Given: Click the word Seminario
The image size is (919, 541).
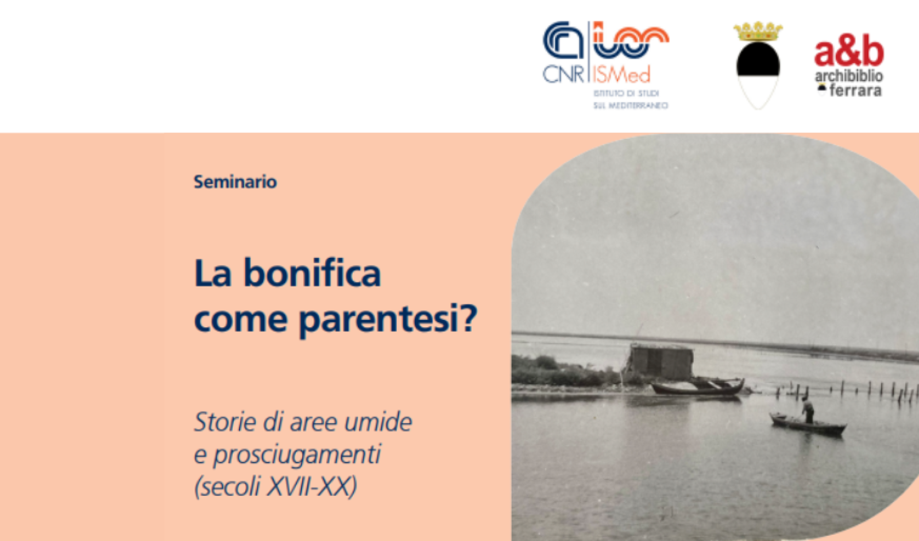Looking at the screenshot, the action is (235, 181).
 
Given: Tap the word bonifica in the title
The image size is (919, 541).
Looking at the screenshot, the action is (312, 273).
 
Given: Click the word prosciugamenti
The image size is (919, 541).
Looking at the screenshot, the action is (297, 454).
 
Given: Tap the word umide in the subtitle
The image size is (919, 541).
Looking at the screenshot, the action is (378, 422).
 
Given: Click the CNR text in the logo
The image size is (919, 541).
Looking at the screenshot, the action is (563, 75).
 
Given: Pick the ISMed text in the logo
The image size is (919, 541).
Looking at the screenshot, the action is (621, 75).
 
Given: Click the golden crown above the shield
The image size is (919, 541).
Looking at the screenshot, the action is (758, 32).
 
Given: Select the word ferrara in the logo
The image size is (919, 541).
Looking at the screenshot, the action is (855, 91).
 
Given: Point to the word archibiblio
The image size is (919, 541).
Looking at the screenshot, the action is (849, 76).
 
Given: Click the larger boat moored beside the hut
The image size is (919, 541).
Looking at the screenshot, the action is (698, 387).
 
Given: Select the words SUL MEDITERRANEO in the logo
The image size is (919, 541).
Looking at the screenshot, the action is (630, 106).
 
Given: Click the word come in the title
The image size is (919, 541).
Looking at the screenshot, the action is (241, 319).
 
